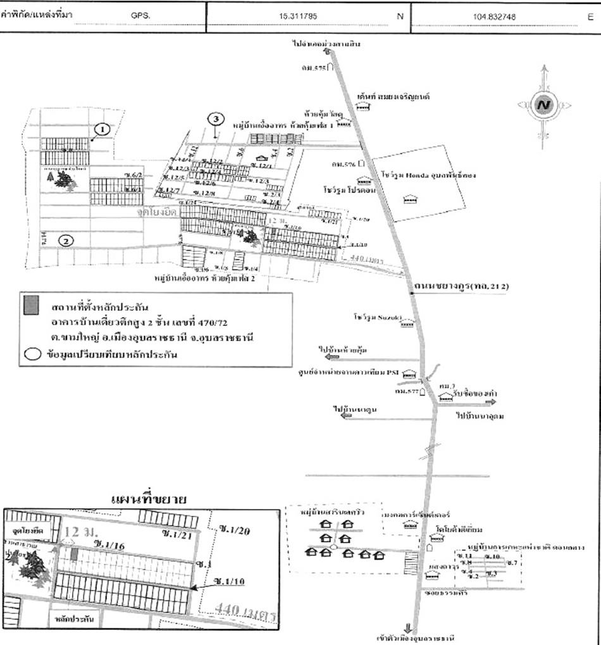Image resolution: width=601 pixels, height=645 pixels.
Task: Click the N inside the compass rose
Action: [542, 105]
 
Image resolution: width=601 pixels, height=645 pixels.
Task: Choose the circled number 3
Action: [216, 119]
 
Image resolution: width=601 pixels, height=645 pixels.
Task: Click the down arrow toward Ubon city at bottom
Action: [408, 629]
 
